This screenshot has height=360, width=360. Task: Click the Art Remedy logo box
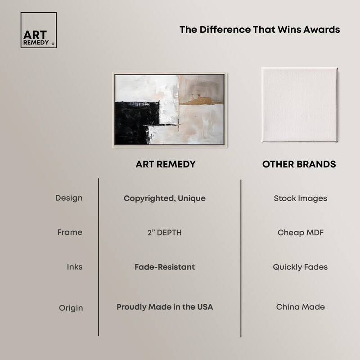39,30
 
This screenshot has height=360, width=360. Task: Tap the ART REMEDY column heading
166,164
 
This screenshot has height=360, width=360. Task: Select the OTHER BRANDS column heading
299,164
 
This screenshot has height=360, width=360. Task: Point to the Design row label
69,198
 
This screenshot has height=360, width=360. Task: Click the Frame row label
70,232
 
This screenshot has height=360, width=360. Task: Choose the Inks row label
75,267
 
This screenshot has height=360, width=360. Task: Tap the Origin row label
71,308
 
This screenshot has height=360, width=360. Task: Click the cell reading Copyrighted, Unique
165,198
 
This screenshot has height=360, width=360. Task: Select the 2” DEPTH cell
165,233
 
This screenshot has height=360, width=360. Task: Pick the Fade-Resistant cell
165,267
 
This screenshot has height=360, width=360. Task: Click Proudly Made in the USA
165,307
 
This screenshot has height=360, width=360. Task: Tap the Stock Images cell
301,198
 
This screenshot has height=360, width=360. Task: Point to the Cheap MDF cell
301,233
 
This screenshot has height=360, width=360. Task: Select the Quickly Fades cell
300,267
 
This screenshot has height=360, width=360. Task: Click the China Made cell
301,307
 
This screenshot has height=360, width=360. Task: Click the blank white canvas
300,105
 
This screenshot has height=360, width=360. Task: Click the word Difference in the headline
225,30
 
